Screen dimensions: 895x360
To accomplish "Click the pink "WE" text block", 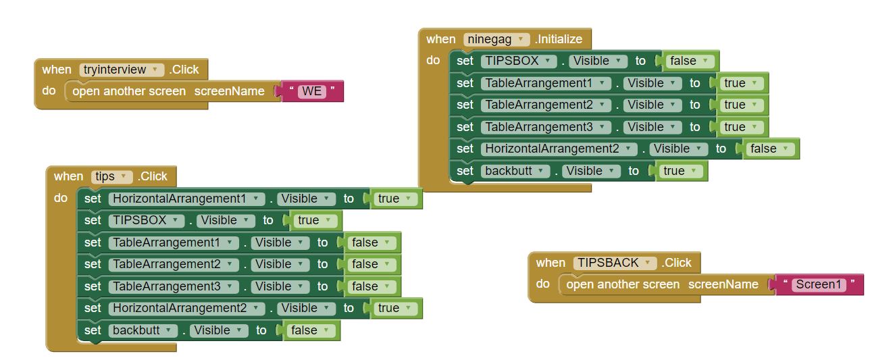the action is coord(312,91).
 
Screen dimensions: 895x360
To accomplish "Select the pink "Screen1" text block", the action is coord(819,284).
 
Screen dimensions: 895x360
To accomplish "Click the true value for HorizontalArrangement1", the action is coord(394,199).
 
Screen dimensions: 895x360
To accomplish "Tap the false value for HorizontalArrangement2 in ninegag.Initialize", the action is coord(769,149).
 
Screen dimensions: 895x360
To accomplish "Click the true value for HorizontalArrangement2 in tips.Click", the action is coord(394,308).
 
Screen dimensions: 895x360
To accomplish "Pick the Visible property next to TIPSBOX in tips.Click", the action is coord(225,220).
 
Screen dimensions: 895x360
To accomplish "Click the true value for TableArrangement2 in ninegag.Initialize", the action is coord(740,105).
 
